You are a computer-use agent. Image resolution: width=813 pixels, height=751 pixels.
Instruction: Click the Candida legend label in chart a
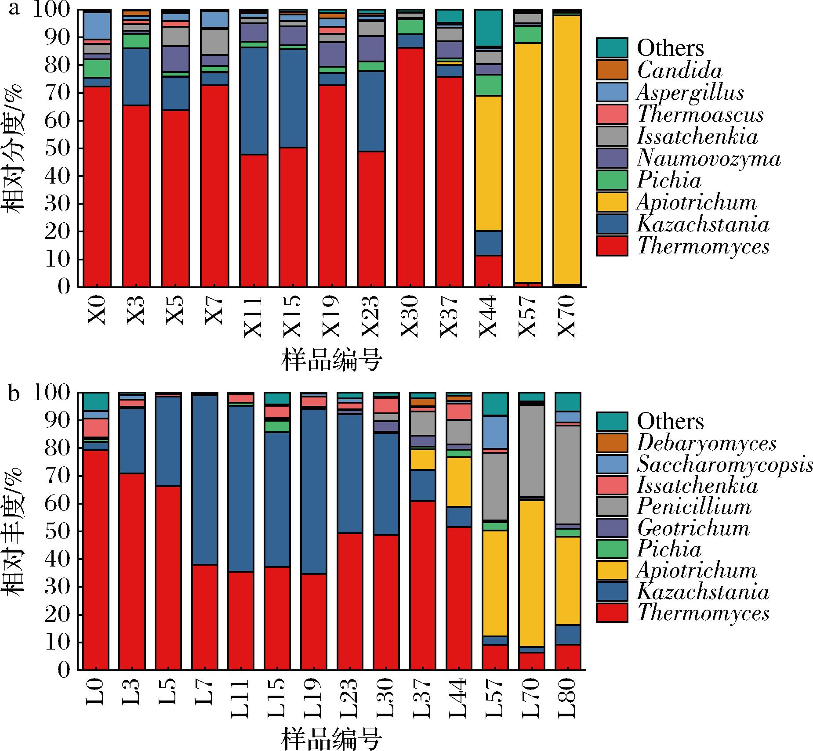point(679,70)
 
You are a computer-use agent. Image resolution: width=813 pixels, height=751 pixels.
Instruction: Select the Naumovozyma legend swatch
point(612,158)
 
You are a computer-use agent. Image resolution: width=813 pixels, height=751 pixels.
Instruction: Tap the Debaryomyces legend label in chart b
point(707,444)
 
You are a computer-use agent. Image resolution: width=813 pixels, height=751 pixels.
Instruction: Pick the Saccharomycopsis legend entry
point(724,465)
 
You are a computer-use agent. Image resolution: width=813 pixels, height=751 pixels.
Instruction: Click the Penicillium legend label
point(694,507)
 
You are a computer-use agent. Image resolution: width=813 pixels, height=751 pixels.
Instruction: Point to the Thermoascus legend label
point(700,115)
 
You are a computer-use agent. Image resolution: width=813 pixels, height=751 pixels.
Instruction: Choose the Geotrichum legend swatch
point(612,528)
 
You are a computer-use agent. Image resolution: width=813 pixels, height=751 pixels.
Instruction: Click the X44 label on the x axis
point(488,317)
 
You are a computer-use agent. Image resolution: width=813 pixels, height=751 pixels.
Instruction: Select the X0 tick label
point(97,310)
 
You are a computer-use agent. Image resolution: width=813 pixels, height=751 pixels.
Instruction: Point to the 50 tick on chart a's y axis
point(58,149)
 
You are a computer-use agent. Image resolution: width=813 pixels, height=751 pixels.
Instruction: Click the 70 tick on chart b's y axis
point(58,476)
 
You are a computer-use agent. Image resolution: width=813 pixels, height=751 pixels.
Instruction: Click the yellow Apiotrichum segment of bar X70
point(567,149)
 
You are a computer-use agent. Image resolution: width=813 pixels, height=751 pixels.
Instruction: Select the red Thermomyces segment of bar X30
point(410,167)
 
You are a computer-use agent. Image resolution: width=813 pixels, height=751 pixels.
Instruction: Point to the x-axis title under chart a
point(331,361)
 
